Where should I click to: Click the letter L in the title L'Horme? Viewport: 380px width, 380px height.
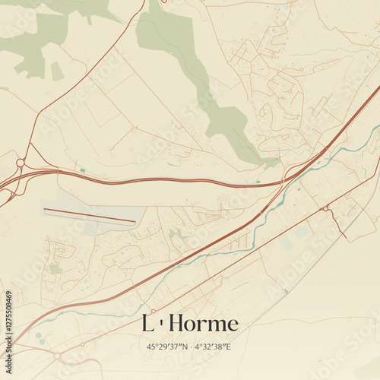147,324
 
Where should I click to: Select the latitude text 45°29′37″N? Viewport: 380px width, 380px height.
168,347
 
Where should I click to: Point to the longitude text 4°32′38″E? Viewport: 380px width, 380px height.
212,347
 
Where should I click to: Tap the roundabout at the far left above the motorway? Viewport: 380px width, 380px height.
20,163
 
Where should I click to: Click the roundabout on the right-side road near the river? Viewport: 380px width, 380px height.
325,208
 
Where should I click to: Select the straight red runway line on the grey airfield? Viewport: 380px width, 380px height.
89,216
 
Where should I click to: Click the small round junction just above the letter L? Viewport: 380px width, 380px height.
153,311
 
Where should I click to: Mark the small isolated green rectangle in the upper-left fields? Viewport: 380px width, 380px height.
57,71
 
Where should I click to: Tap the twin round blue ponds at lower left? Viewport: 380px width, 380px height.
39,337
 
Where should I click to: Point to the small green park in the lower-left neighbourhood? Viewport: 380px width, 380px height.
55,268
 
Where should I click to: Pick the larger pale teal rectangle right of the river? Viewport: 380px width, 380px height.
287,244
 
